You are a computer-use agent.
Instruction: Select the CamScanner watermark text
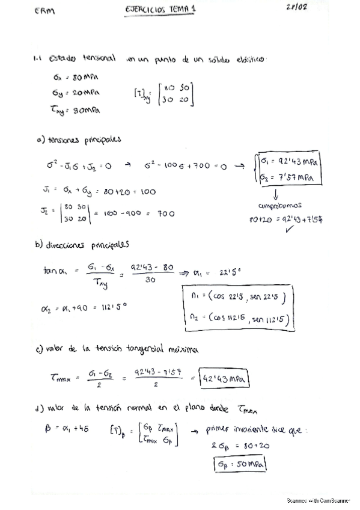pos(318,500)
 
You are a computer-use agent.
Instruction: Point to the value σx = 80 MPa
pos(77,78)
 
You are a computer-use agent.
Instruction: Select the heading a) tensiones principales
pos(78,140)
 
